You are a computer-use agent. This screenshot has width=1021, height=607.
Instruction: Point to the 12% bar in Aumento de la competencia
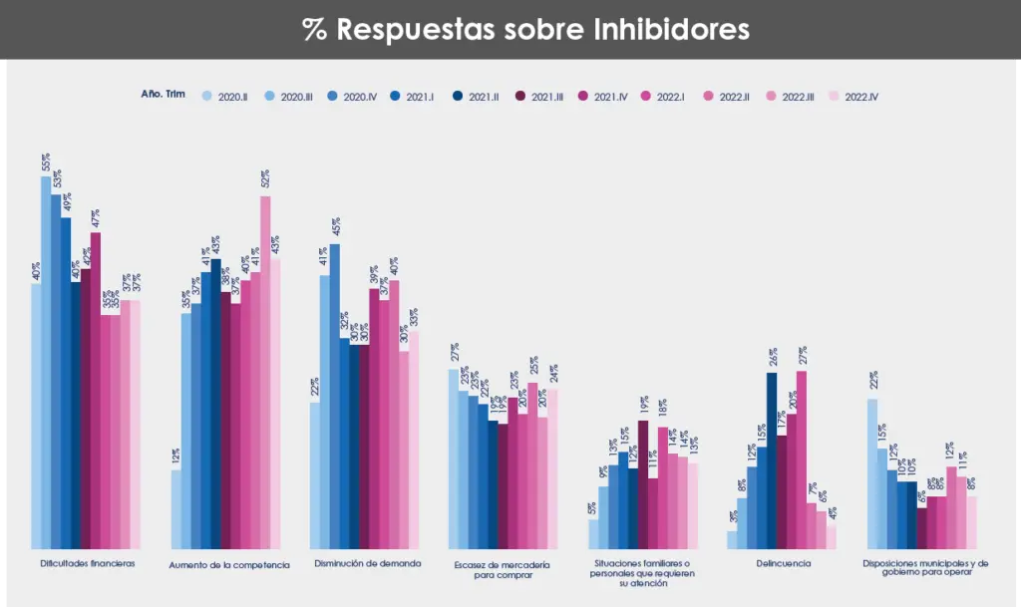(176, 508)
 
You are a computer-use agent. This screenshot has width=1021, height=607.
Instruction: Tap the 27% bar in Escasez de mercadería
(454, 458)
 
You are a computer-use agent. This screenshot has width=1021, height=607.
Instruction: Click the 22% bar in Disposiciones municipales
(872, 473)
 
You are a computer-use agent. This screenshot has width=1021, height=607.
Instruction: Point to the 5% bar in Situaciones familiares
(593, 533)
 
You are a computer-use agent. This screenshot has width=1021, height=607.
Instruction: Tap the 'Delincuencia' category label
(784, 563)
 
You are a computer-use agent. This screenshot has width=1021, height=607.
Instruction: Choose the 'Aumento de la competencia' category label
(229, 564)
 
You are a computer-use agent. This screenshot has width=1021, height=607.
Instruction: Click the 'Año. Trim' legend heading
(164, 95)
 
